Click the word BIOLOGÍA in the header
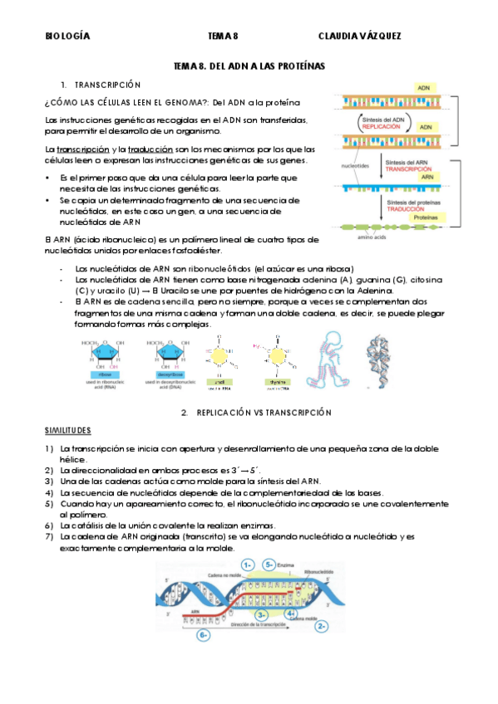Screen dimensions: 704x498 coord(67,37)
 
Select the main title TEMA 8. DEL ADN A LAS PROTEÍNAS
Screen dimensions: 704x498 coord(249,66)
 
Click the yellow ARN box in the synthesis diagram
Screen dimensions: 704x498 coord(427,177)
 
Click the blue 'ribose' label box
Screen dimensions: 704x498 coord(102,375)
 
